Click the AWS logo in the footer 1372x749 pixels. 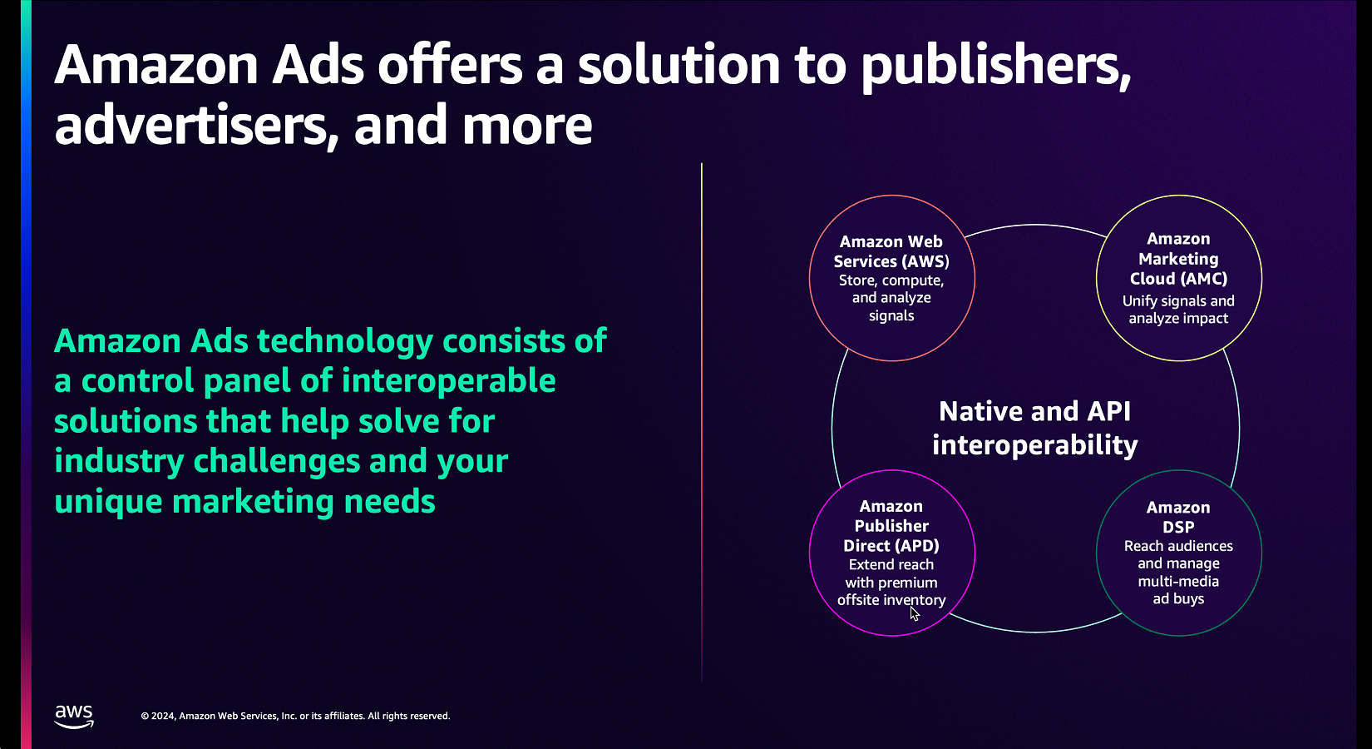coord(74,716)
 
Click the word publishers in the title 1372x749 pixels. coord(995,67)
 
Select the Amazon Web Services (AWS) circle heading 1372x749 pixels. coord(891,251)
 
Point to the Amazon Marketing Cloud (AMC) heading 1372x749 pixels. coord(1178,259)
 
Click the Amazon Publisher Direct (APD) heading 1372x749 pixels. coord(891,526)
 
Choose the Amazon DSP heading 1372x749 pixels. coord(1178,517)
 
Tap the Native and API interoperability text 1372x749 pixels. coord(1034,428)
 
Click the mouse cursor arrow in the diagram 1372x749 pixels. coord(915,614)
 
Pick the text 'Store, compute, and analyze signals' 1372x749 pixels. coord(891,298)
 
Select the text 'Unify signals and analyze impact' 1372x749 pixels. coord(1178,310)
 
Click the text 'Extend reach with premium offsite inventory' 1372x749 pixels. coord(891,583)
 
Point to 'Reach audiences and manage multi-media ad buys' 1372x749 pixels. coord(1178,573)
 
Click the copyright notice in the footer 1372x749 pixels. coord(295,716)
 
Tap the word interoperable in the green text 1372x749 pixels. coord(448,381)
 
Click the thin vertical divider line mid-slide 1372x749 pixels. coord(701,422)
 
